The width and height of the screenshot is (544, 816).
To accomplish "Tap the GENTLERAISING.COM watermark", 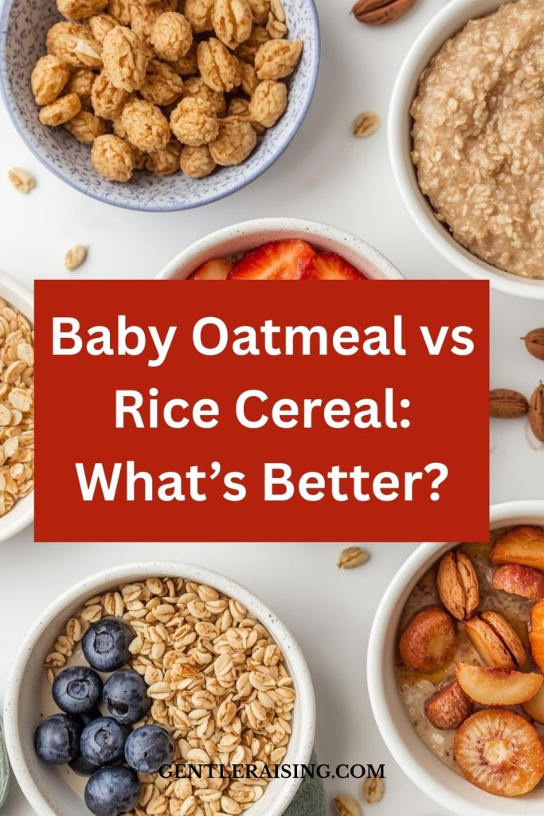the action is tap(272, 771).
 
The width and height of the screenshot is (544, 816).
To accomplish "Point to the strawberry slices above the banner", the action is tap(278, 261).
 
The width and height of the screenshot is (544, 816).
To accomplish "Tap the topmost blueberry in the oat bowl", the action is tap(108, 644).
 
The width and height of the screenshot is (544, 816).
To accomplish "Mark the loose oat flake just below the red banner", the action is tap(353, 557).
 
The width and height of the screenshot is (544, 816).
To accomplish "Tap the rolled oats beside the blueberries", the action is tap(208, 677).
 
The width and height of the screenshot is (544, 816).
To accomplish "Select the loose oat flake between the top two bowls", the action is tap(366, 124).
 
